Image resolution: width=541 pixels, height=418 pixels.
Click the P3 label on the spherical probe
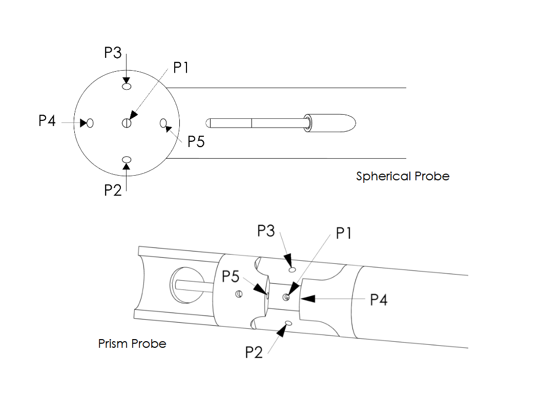click(x=113, y=53)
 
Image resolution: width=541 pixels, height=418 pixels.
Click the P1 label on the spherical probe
click(x=181, y=67)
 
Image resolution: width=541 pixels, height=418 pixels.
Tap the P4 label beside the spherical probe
click(x=47, y=121)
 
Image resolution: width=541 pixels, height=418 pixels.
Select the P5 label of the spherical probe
click(x=196, y=141)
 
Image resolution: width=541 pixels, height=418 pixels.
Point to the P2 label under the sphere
click(x=113, y=190)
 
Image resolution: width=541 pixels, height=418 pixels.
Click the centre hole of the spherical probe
click(x=127, y=123)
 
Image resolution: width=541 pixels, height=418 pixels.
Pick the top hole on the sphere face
click(x=127, y=86)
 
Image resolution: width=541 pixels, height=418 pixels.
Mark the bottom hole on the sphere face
click(x=127, y=160)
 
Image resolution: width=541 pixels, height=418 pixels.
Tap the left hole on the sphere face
click(x=90, y=123)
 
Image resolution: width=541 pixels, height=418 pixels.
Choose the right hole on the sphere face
click(x=163, y=123)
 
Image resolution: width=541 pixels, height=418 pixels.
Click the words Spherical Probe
click(x=403, y=177)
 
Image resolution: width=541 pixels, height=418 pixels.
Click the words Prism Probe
click(x=132, y=344)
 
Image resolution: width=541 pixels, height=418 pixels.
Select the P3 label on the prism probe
click(x=266, y=231)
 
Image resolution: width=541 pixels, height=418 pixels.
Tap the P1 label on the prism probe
click(x=344, y=234)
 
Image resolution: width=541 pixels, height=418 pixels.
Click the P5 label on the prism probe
click(x=231, y=277)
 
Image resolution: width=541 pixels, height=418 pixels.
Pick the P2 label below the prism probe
click(x=254, y=352)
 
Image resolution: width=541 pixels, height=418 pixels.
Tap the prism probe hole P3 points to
click(x=293, y=269)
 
